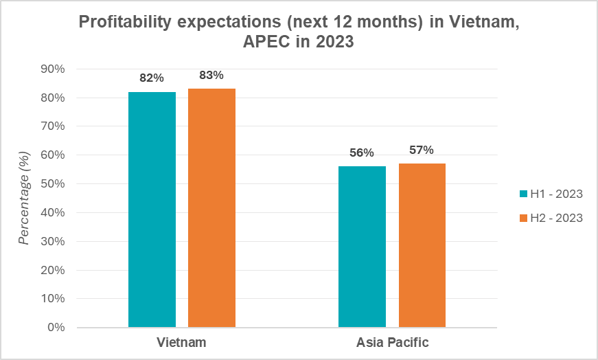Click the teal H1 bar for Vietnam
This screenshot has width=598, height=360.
(x=152, y=210)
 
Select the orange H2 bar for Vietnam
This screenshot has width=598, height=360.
(x=211, y=208)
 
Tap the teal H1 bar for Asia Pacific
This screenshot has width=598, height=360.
(x=362, y=247)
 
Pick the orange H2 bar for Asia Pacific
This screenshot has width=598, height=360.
(x=422, y=245)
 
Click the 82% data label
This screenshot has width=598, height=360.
(x=151, y=78)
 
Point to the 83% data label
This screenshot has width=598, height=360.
(x=211, y=76)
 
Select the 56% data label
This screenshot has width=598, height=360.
(x=361, y=153)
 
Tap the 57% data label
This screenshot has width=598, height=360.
(x=422, y=150)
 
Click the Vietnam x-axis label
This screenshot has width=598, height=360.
(x=181, y=342)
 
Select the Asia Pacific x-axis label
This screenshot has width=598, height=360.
(x=392, y=342)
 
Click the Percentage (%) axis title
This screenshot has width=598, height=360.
(x=25, y=199)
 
